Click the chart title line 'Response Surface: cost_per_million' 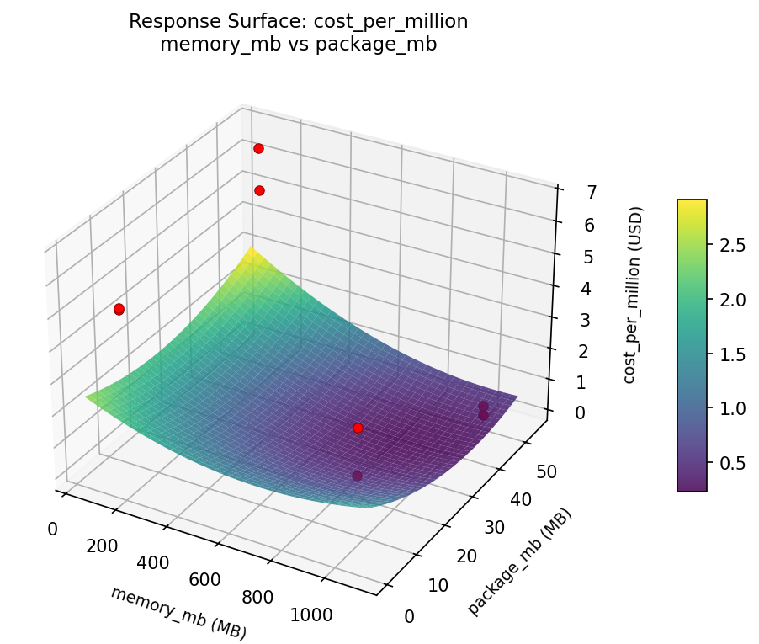tap(298, 22)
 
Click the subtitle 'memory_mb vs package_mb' tap(298, 45)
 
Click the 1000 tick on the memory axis tap(311, 615)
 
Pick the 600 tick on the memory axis tap(204, 579)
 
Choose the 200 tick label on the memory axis tap(102, 546)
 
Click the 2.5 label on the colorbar tap(732, 245)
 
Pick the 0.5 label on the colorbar tap(732, 462)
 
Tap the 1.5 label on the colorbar tap(732, 354)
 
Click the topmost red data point tap(258, 149)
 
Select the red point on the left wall tap(119, 309)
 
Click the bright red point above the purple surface tap(358, 428)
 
